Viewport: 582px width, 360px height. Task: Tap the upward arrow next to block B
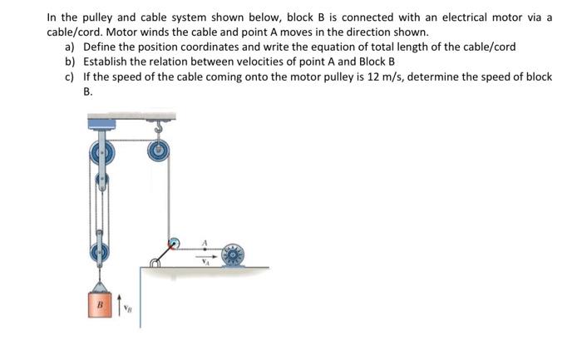[x=118, y=303]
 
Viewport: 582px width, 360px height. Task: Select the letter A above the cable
[x=204, y=241]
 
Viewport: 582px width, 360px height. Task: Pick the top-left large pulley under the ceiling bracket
[x=101, y=154]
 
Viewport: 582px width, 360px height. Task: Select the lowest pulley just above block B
[x=101, y=247]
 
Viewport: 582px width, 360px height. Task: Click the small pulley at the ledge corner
[x=172, y=246]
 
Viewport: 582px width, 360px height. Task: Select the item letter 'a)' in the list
[x=70, y=46]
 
